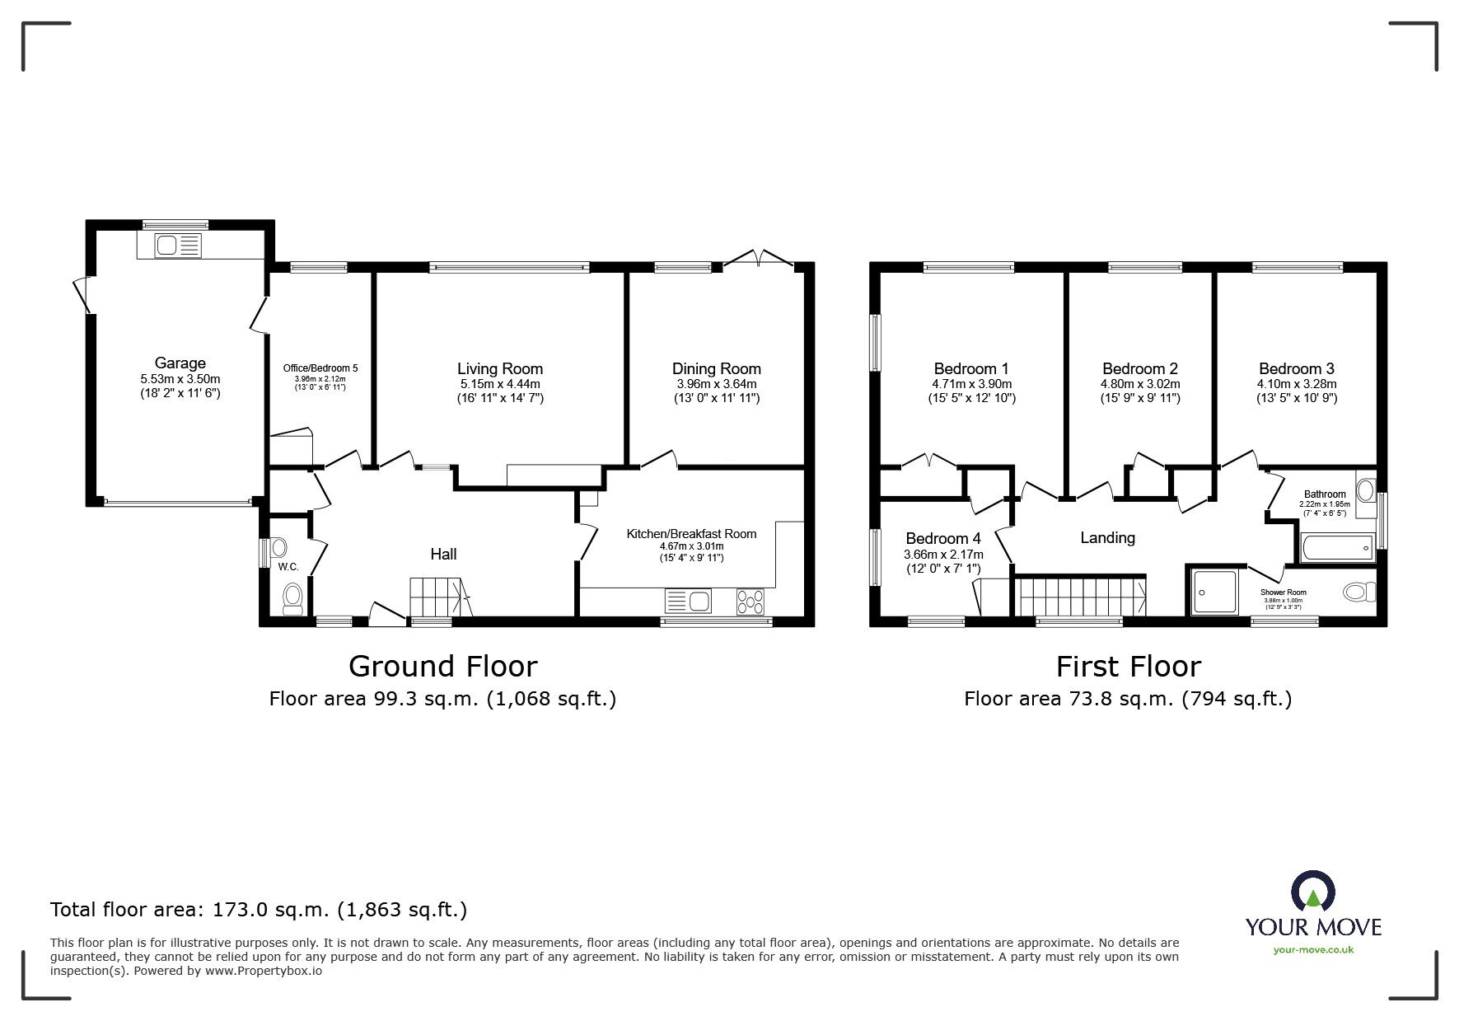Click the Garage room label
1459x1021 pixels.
pyautogui.click(x=180, y=363)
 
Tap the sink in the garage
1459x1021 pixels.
pyautogui.click(x=169, y=245)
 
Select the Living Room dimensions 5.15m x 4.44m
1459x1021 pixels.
pyautogui.click(x=500, y=384)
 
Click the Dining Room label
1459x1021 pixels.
pyautogui.click(x=716, y=369)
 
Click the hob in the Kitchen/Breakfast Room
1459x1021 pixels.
pyautogui.click(x=751, y=602)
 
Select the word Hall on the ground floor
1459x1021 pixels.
pyautogui.click(x=443, y=555)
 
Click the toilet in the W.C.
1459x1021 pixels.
pyautogui.click(x=292, y=599)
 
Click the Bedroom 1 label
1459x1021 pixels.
pyautogui.click(x=971, y=369)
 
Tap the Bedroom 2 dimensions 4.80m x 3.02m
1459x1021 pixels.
pyautogui.click(x=1140, y=384)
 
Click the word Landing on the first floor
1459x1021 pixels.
pyautogui.click(x=1107, y=538)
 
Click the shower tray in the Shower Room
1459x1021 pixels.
pyautogui.click(x=1214, y=591)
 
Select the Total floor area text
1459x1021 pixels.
pyautogui.click(x=259, y=910)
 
